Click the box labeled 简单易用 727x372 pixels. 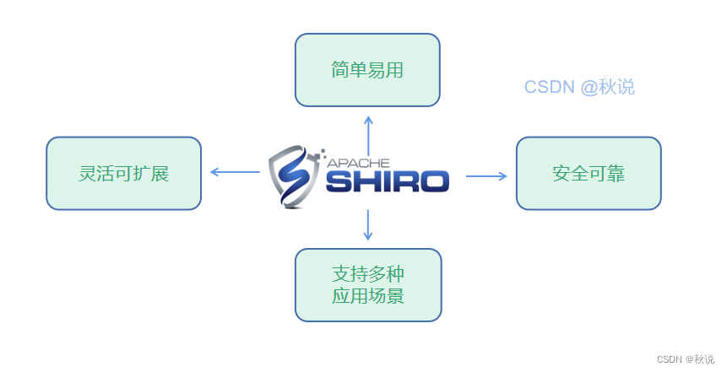(x=367, y=70)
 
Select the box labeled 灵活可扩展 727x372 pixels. (x=123, y=173)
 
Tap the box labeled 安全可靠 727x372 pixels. (x=589, y=173)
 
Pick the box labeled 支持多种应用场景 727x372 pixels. (x=368, y=284)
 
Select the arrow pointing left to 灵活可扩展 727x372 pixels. (x=234, y=172)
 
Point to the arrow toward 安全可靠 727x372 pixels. (x=487, y=176)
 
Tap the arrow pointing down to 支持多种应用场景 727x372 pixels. (x=368, y=225)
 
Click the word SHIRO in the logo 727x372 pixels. (x=388, y=181)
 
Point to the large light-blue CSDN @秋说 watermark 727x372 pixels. (x=579, y=87)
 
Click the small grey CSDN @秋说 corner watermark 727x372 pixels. (x=685, y=359)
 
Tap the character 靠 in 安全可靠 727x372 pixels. (x=616, y=174)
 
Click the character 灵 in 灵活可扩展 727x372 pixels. (x=87, y=174)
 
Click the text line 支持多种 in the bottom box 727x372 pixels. (x=368, y=274)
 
